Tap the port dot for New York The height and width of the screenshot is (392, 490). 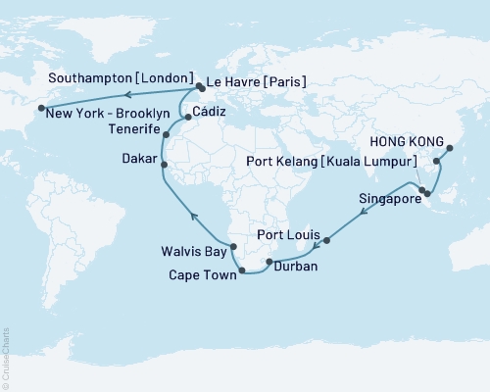[x=41, y=109]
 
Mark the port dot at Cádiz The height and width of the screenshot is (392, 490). [x=188, y=117]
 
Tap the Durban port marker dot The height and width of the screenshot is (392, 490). [x=269, y=262]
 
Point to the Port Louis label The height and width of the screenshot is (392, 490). [x=288, y=235]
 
